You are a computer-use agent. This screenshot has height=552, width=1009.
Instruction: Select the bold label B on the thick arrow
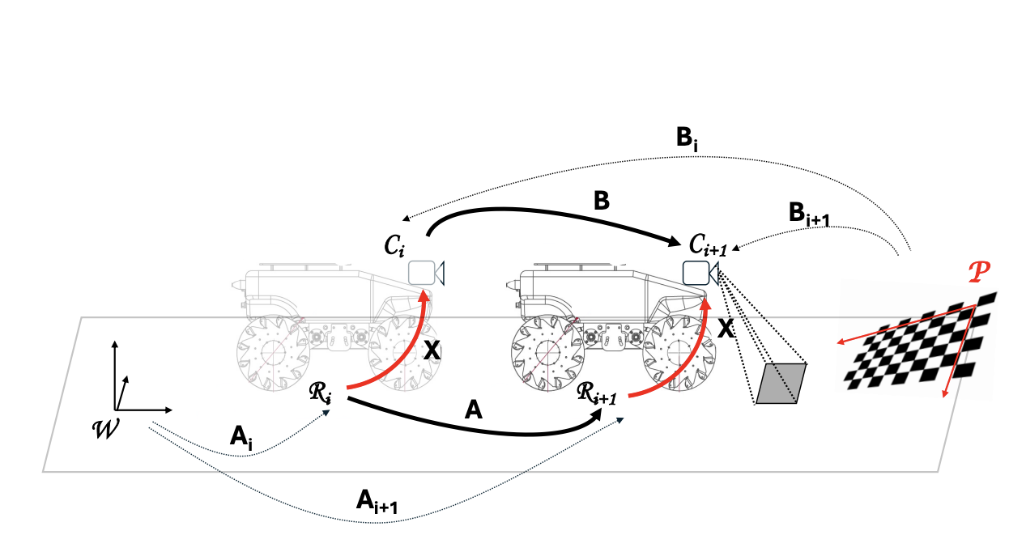coord(601,201)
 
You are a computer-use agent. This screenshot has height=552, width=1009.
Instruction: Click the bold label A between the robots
coord(474,410)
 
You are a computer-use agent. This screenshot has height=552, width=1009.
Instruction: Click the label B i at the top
coord(688,138)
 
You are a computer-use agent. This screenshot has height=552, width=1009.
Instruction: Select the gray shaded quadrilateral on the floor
coord(780,383)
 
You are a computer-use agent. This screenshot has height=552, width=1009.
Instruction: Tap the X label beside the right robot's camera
coord(726,329)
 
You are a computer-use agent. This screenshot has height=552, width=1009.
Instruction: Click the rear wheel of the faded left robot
coord(269,354)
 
